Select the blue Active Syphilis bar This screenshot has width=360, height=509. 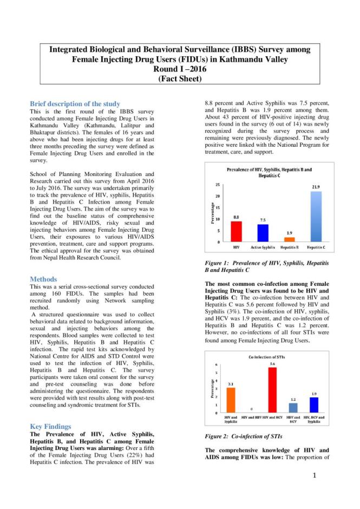tap(263, 232)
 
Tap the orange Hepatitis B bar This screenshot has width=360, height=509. tap(290, 239)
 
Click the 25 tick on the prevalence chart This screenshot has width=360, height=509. tap(218, 186)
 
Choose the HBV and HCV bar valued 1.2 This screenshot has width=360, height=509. tap(293, 407)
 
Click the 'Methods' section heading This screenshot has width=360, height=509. tap(44, 279)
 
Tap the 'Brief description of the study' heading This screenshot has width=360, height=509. tap(75, 103)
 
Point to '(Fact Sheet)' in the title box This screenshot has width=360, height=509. tap(180, 79)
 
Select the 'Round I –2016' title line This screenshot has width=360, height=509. tap(180, 69)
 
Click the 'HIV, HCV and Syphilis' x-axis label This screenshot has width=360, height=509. tap(314, 420)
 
